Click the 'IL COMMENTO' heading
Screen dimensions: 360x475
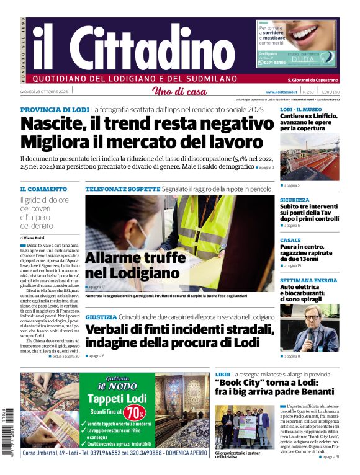click(43, 189)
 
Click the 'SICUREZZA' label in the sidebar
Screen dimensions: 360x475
click(294, 200)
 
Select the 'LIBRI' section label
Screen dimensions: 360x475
click(222, 375)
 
